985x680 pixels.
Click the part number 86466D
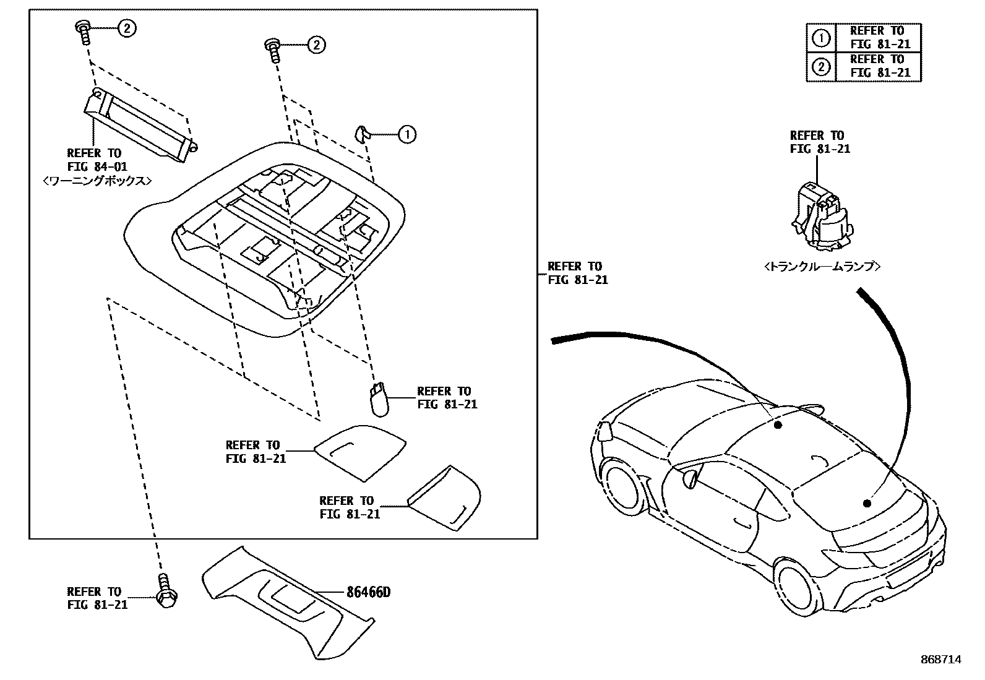point(368,592)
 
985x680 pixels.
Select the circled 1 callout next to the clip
point(406,134)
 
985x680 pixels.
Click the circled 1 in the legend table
point(820,38)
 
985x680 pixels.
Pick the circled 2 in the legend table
point(820,66)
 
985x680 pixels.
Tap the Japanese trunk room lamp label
point(822,267)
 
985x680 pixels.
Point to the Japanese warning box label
point(98,181)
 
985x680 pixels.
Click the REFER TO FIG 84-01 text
point(94,160)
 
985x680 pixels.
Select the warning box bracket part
point(140,125)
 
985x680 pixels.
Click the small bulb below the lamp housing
point(377,400)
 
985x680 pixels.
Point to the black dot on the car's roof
point(778,424)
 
